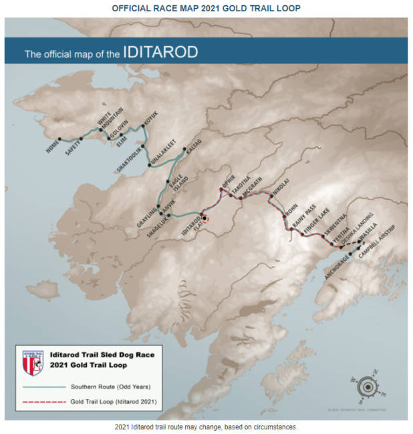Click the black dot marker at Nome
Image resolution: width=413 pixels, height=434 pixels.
[x=59, y=139]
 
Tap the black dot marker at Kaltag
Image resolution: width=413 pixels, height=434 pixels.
[x=184, y=149]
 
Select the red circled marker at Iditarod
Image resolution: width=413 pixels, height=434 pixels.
[x=204, y=216]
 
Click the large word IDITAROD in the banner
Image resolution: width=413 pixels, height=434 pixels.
[x=160, y=52]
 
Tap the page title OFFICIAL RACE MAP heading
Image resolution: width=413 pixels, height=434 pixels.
[x=206, y=8]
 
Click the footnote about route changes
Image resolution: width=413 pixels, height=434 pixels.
[x=206, y=426]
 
